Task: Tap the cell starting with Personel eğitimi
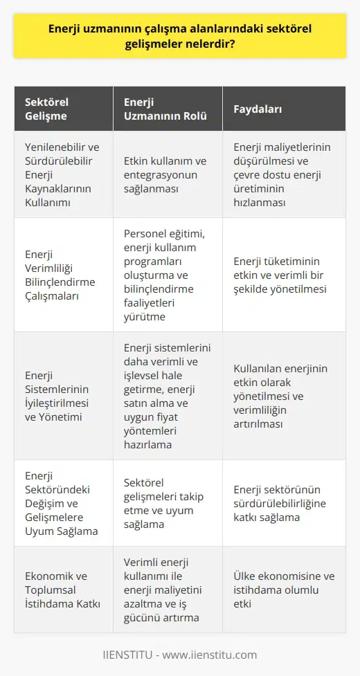click(x=166, y=275)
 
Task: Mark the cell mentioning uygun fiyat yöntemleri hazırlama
click(x=166, y=396)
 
